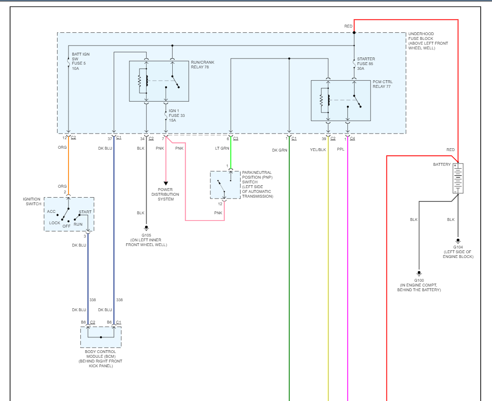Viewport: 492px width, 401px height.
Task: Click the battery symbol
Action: tap(458, 178)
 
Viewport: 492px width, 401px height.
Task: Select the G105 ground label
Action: tap(146, 235)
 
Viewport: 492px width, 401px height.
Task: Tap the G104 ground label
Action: tap(458, 247)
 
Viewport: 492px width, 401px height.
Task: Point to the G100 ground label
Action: tap(419, 280)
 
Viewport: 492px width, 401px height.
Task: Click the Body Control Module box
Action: tap(101, 337)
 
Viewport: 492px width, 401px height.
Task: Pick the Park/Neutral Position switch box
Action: tap(225, 185)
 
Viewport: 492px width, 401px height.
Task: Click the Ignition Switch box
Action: tap(69, 214)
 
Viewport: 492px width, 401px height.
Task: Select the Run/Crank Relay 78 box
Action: tap(159, 81)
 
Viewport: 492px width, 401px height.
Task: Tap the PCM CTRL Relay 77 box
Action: tap(341, 100)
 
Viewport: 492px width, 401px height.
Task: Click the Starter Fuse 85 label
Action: tap(366, 64)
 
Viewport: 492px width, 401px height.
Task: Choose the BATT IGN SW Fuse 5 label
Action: tap(80, 61)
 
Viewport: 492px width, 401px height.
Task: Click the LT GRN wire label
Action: tap(222, 149)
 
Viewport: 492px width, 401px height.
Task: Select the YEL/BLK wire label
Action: tap(318, 150)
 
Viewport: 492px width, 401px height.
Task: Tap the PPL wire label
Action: tap(341, 150)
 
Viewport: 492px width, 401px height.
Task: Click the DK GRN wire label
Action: tap(280, 150)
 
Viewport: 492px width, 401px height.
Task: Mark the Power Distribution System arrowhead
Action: tap(166, 183)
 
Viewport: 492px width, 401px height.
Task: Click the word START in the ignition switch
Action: tap(85, 212)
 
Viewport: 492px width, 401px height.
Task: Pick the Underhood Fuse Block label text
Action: tap(428, 41)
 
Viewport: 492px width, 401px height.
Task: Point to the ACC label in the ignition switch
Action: tap(51, 211)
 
